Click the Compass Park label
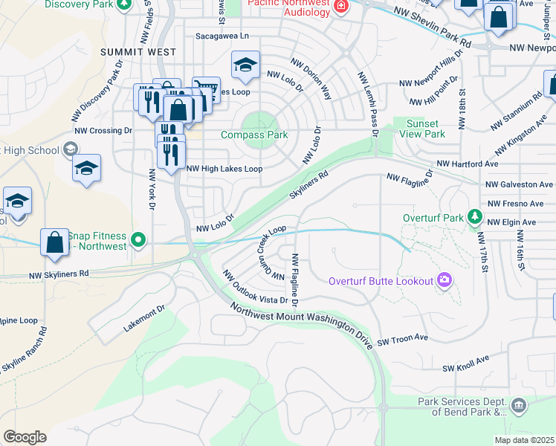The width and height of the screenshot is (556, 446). coord(255,135)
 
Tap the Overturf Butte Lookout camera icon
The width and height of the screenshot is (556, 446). coord(445,280)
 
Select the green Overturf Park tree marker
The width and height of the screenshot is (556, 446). coord(473,219)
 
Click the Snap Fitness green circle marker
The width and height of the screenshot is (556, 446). coord(138,239)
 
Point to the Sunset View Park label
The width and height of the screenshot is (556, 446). coord(421,128)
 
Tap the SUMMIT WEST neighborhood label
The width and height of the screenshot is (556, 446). coord(139,52)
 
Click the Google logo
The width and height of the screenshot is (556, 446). coord(25,437)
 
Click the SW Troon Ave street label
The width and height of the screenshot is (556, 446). coord(402,337)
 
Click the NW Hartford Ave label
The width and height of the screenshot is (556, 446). coord(467,164)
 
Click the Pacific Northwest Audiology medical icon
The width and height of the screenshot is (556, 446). coord(341,7)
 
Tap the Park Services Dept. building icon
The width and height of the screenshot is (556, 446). coord(519,405)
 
